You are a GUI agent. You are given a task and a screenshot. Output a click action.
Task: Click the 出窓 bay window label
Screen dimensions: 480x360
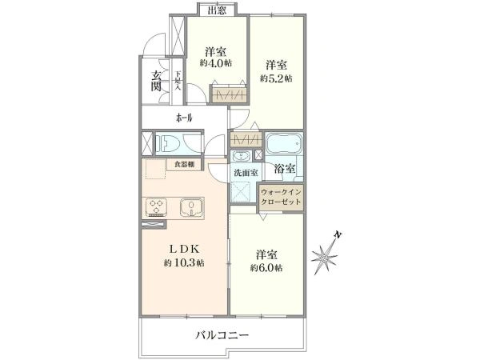click(x=217, y=10)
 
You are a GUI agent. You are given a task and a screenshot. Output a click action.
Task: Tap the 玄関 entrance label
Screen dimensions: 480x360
click(x=156, y=81)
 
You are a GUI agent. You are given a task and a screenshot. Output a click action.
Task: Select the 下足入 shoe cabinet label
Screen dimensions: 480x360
click(x=178, y=81)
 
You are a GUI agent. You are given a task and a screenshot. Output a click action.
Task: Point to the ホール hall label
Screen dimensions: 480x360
click(x=184, y=118)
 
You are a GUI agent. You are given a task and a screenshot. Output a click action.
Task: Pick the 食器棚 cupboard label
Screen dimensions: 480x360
click(x=184, y=164)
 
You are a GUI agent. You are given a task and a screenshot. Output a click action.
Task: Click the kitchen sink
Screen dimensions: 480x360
click(x=191, y=206)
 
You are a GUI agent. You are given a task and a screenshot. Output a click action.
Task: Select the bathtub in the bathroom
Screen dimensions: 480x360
click(x=284, y=143)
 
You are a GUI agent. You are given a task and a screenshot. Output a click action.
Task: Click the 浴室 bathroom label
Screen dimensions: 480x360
click(x=285, y=168)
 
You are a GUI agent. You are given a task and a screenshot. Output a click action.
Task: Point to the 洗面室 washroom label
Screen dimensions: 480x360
click(x=246, y=173)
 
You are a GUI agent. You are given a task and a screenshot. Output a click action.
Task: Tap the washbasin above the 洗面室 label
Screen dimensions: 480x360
click(x=242, y=156)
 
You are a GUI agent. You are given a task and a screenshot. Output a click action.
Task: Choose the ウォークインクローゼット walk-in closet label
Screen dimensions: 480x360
click(x=281, y=197)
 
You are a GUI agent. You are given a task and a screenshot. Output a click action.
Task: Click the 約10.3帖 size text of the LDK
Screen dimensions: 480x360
click(x=184, y=263)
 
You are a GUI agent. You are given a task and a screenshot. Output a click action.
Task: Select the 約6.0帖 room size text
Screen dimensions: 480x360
click(x=266, y=268)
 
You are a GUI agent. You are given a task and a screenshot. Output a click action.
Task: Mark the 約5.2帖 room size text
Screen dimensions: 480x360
click(x=276, y=78)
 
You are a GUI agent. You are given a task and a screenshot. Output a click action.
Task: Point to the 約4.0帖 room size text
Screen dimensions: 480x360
click(x=216, y=63)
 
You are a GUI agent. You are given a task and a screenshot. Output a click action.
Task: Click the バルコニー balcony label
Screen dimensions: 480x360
click(x=222, y=335)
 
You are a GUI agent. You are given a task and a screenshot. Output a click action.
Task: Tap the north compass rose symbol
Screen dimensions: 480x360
click(x=326, y=254)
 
